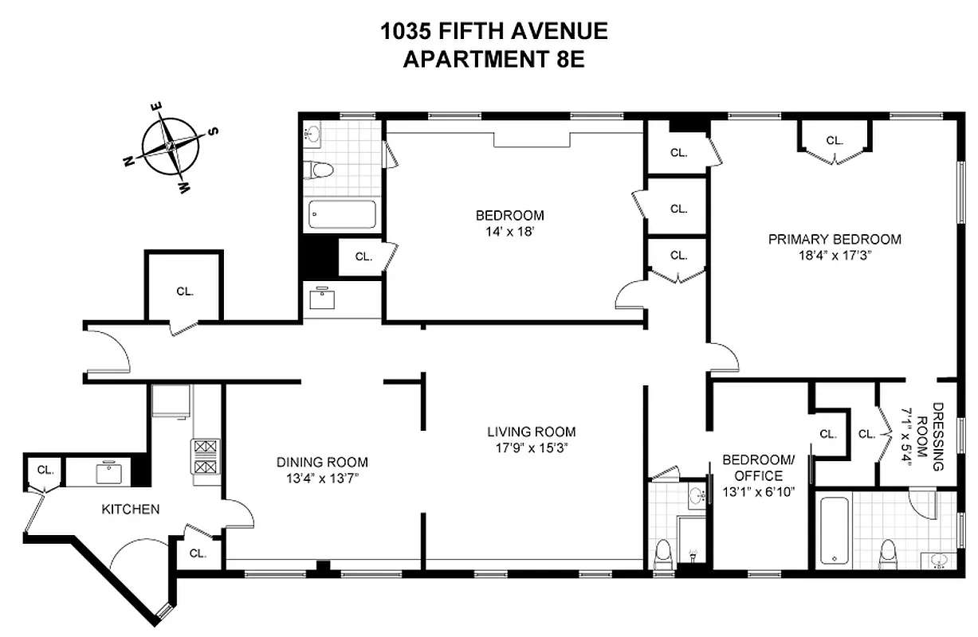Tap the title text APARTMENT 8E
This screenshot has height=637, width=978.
(x=493, y=60)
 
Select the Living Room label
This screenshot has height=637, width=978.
(x=531, y=432)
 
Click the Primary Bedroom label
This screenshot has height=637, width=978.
(x=834, y=239)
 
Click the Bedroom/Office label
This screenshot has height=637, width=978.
(x=758, y=467)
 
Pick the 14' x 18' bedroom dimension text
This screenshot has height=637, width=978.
(x=509, y=232)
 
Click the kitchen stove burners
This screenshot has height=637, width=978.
(x=205, y=458)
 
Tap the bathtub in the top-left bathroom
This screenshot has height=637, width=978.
(x=342, y=214)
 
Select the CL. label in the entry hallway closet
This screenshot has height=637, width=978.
(x=185, y=291)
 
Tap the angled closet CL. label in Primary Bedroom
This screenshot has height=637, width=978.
(x=834, y=140)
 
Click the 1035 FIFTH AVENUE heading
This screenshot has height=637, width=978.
(x=493, y=32)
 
